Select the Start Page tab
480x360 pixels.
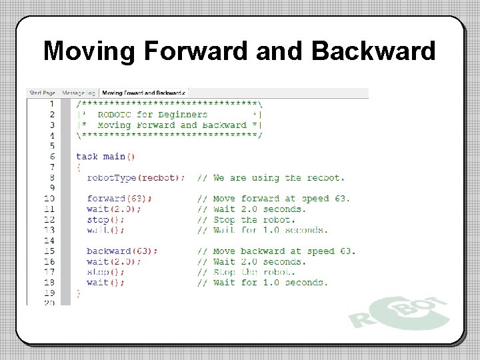point(43,93)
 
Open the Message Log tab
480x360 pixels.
point(79,93)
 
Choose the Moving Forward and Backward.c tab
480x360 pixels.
point(144,93)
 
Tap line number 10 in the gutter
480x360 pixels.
point(49,198)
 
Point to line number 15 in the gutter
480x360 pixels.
point(49,251)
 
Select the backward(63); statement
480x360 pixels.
point(122,251)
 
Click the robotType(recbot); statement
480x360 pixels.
point(136,177)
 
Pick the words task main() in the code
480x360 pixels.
point(105,157)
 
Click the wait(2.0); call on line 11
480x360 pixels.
point(113,209)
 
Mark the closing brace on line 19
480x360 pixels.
point(79,293)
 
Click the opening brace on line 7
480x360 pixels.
point(79,167)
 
